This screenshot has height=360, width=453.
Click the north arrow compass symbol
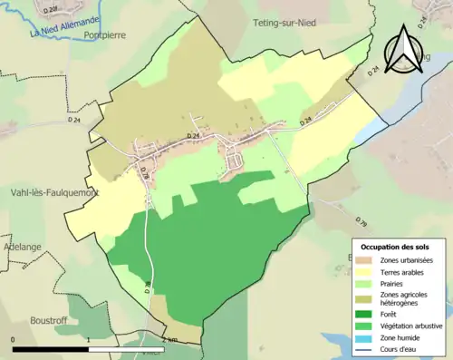(x=405, y=50)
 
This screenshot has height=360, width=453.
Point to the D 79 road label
(x=361, y=221)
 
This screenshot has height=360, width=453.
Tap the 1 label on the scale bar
(x=89, y=339)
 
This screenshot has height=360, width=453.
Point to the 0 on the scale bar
(x=14, y=339)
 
